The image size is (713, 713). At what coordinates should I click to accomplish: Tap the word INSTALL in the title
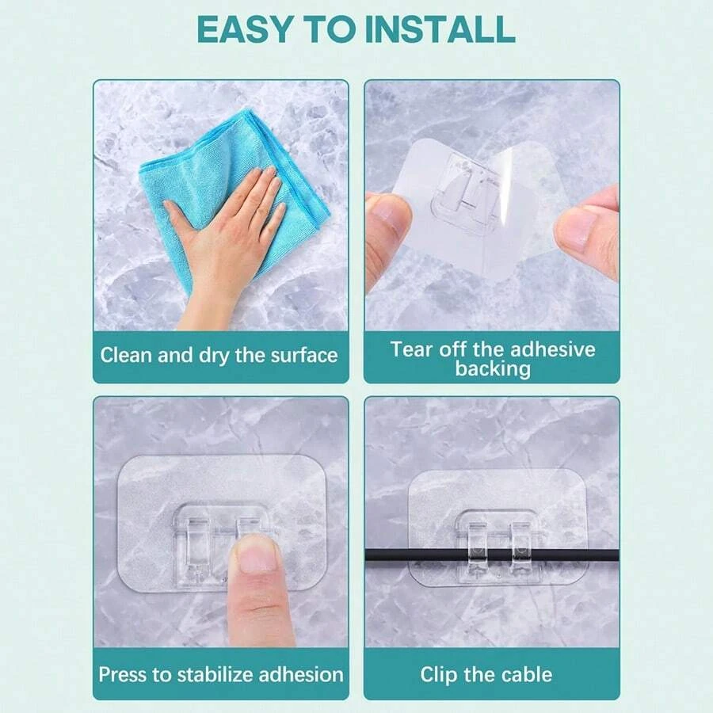coord(440,29)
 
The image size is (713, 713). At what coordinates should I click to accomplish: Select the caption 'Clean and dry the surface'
coord(219,355)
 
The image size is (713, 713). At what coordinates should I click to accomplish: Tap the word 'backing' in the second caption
coord(493,368)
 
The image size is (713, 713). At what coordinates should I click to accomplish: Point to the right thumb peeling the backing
coord(586,234)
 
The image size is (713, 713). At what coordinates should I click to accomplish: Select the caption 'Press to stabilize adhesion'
coord(221,675)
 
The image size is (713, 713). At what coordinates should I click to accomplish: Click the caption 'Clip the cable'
coord(486,675)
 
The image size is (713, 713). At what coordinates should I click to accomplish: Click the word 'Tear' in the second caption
coord(411,349)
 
